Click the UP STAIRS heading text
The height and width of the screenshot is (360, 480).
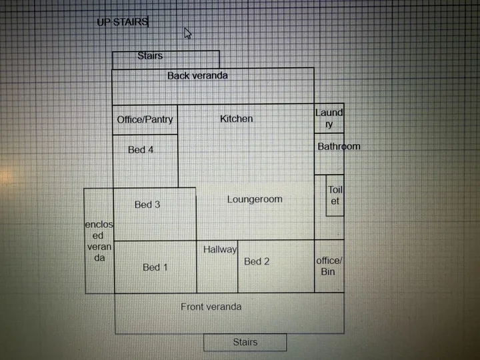point(123,22)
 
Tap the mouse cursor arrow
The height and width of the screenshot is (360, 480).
point(187,33)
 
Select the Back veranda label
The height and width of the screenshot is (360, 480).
point(197,75)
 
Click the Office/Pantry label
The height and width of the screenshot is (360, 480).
point(145,119)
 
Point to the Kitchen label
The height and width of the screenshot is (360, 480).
point(236,119)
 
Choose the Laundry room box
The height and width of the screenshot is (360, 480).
point(329,118)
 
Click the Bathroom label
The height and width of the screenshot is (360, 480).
point(339,146)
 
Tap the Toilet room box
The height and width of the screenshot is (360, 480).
point(335,195)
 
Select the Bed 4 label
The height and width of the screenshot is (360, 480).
point(141,150)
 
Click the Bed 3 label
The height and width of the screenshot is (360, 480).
point(147,205)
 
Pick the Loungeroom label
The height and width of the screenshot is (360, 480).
point(255,199)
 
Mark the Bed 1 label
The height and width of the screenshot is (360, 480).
point(155,267)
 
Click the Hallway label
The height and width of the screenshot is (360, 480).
point(220,250)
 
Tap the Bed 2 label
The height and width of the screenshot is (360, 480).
point(257,261)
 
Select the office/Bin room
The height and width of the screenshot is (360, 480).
point(329,266)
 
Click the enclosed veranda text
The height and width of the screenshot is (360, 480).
point(99,241)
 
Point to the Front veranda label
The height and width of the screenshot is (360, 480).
point(211,307)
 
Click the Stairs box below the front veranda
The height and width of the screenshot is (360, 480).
point(245,342)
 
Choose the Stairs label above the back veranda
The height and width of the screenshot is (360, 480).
point(150,56)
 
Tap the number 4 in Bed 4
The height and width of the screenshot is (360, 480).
point(150,150)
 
